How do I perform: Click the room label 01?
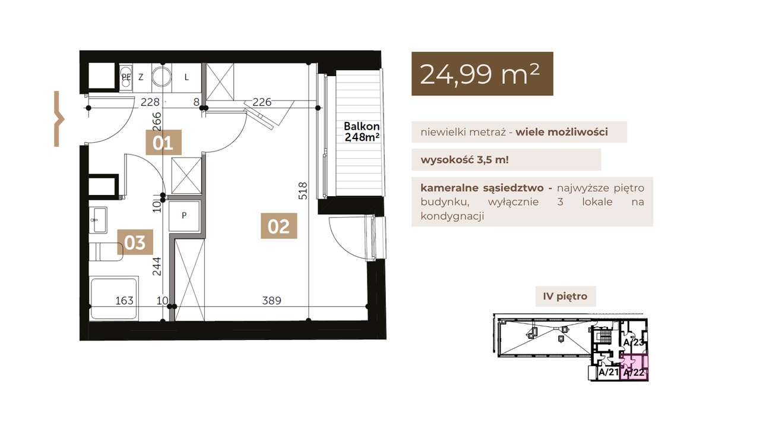[163, 142]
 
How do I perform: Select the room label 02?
[279, 226]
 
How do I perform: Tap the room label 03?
[135, 242]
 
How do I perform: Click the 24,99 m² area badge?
[482, 74]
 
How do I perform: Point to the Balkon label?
[362, 127]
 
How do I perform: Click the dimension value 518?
[303, 191]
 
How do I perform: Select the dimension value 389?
[272, 301]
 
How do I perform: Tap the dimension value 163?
[125, 301]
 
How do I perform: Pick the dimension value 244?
[156, 267]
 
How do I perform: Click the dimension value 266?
[156, 122]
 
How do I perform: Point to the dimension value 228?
[150, 102]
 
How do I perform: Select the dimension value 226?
[262, 102]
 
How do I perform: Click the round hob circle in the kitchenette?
[162, 77]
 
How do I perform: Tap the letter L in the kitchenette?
[186, 77]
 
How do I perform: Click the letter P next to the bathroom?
[184, 215]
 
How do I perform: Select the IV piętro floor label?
[565, 296]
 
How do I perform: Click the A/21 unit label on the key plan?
[609, 372]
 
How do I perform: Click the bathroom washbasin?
[98, 220]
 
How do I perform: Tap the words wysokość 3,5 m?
[465, 160]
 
